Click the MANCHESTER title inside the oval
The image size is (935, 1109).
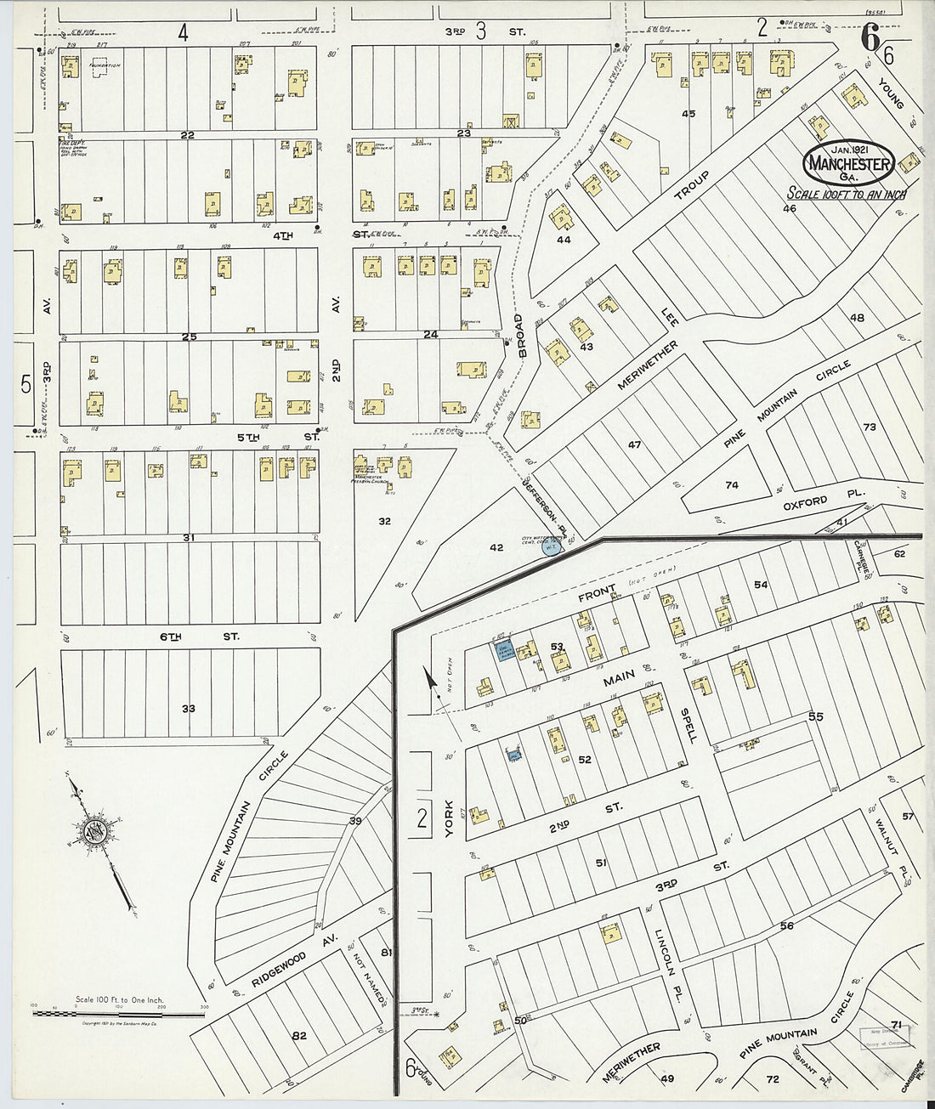tap(849, 164)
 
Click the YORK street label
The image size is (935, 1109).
tap(450, 823)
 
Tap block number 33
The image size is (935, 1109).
tap(189, 707)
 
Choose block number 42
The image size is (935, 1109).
tap(496, 548)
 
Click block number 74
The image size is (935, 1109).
tap(732, 485)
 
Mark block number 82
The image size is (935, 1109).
tap(298, 1035)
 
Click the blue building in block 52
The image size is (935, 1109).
tap(513, 755)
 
